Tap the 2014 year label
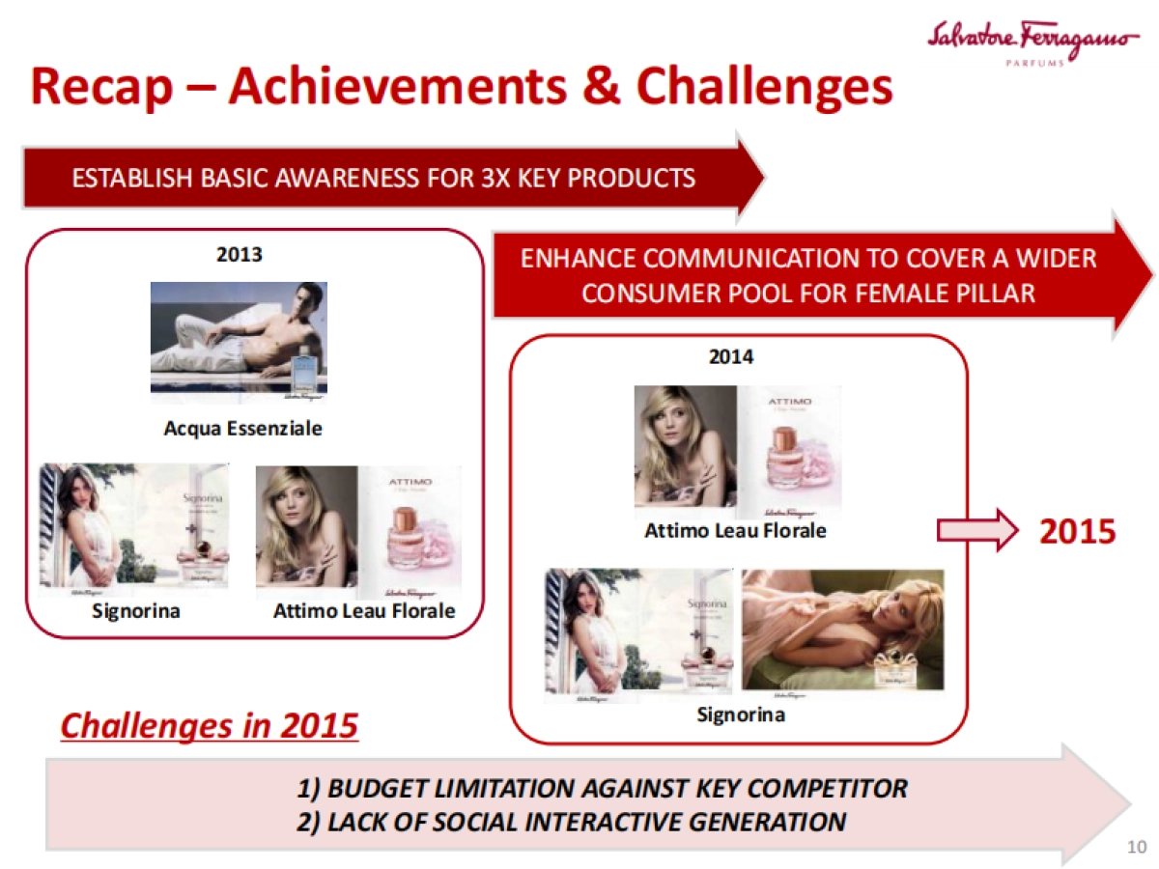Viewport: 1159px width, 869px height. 731,357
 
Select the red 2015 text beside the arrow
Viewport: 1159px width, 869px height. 1077,531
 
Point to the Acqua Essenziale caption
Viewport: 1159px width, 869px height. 242,428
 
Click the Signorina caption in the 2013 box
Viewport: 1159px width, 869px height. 136,611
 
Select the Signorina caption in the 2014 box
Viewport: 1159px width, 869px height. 741,715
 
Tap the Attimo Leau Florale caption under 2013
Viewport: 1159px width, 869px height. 364,611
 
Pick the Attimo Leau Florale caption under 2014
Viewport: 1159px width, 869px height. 736,530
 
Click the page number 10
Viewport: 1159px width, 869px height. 1136,848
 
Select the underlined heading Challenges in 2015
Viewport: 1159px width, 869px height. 209,725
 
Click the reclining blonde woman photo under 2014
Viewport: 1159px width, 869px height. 842,631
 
